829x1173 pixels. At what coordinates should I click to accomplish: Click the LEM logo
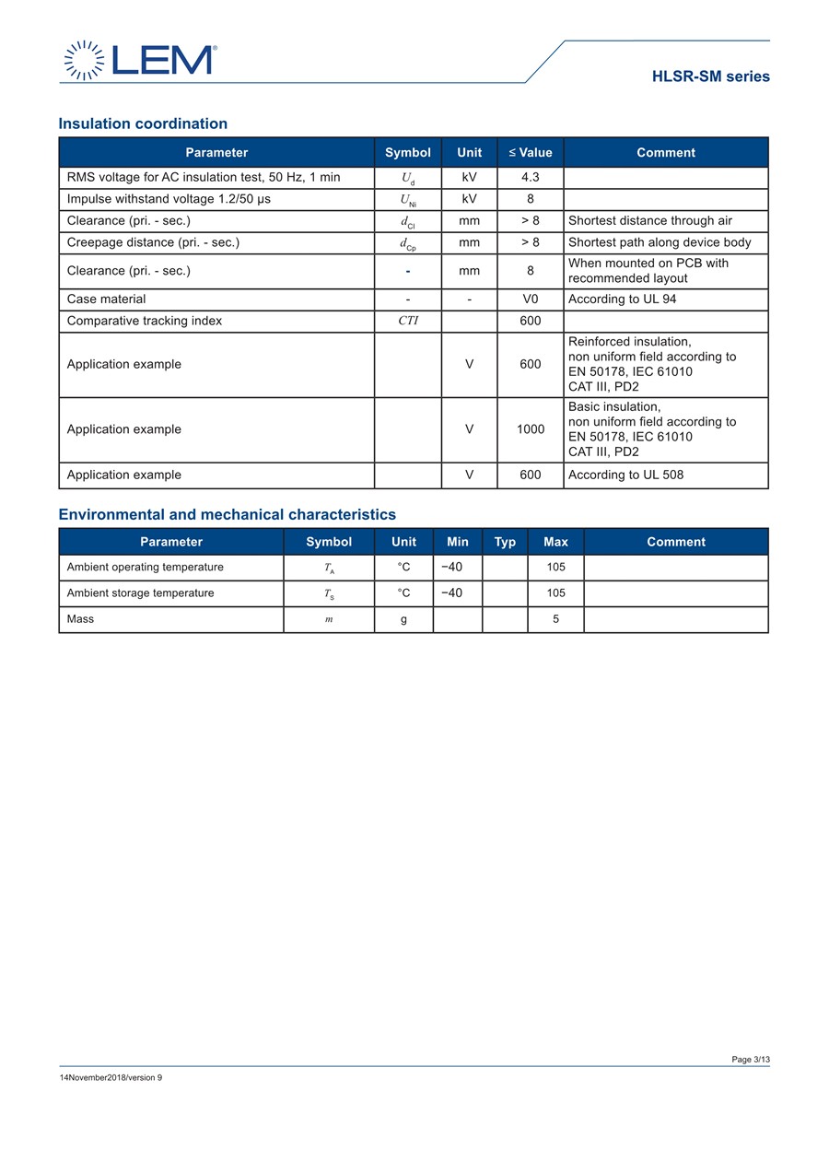(x=140, y=60)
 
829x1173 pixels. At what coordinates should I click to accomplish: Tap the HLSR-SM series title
(x=710, y=76)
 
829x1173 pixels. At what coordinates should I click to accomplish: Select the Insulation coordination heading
(x=143, y=123)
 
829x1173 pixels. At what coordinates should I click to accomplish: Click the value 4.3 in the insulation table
(x=531, y=177)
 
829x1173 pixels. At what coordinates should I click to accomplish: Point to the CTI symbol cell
(x=408, y=321)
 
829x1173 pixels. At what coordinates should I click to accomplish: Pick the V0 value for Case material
(x=531, y=299)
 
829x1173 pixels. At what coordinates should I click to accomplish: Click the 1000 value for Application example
(x=531, y=429)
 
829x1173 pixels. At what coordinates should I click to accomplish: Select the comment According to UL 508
(x=625, y=475)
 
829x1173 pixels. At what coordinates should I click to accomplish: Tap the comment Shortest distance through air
(x=650, y=220)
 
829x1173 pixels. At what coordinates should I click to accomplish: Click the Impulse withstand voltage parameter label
(x=169, y=199)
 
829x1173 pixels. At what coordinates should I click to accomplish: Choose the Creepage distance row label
(x=153, y=242)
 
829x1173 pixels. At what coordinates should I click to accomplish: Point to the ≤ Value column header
(x=531, y=152)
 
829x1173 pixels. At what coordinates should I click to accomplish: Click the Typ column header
(x=505, y=542)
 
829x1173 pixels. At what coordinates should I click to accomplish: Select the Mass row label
(x=80, y=619)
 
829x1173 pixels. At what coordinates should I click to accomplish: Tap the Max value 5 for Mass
(x=555, y=619)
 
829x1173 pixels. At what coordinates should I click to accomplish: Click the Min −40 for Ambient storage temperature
(x=451, y=592)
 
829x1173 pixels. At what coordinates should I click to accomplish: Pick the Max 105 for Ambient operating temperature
(x=555, y=567)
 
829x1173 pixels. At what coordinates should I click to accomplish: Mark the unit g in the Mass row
(x=403, y=619)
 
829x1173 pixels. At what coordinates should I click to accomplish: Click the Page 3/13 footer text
(x=751, y=1060)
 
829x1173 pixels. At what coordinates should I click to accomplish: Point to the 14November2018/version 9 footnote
(x=111, y=1077)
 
